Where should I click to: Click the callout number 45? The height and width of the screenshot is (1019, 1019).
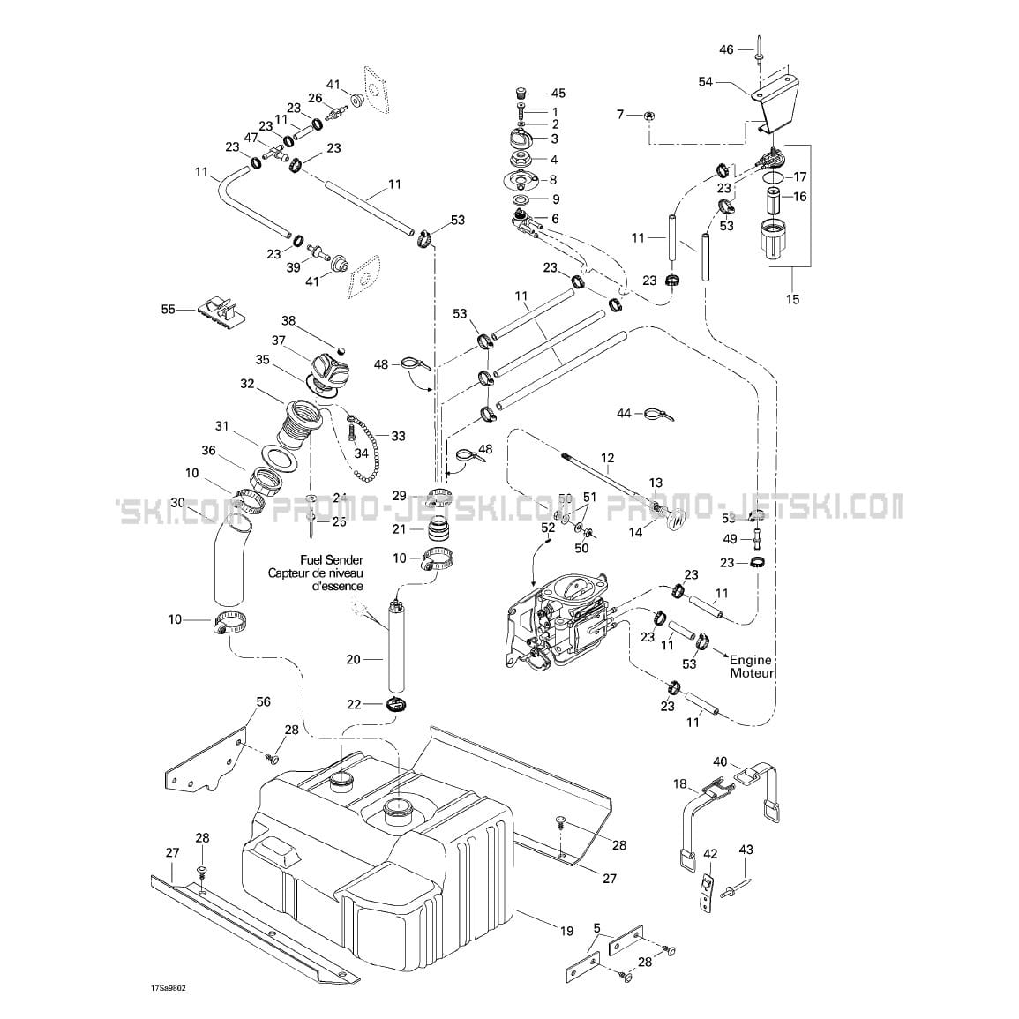[558, 94]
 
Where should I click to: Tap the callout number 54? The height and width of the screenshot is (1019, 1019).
[705, 81]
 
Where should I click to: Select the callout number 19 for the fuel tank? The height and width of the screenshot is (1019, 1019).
[566, 930]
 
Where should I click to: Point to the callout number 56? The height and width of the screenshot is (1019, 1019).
[263, 702]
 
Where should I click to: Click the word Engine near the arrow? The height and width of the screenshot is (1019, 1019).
[750, 660]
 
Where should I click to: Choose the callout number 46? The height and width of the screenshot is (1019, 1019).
[726, 50]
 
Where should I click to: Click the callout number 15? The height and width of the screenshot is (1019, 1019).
[792, 300]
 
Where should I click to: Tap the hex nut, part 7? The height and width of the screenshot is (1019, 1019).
[648, 115]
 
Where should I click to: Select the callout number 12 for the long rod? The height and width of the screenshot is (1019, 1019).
[607, 458]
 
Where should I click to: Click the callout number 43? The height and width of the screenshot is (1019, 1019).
[746, 850]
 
